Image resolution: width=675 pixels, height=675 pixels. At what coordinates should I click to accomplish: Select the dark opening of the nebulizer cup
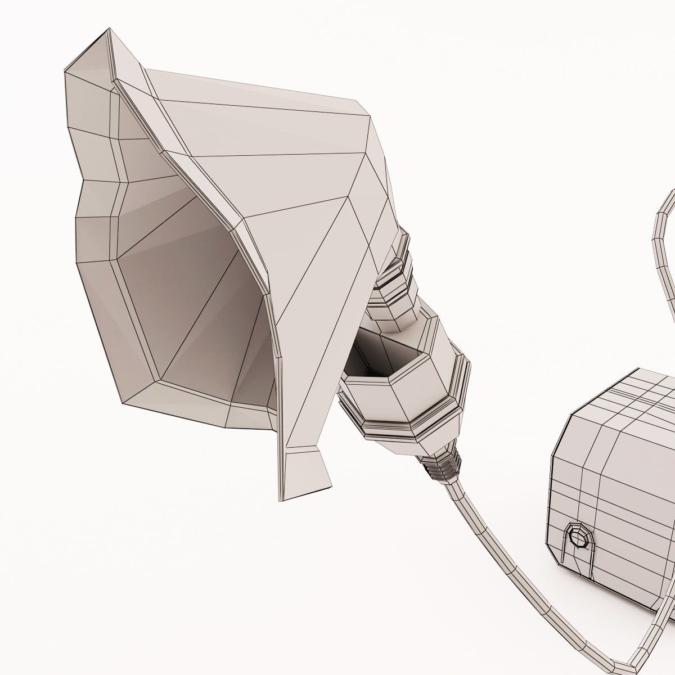[x=371, y=354]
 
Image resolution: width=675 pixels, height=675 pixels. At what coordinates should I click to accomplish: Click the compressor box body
[x=613, y=506]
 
